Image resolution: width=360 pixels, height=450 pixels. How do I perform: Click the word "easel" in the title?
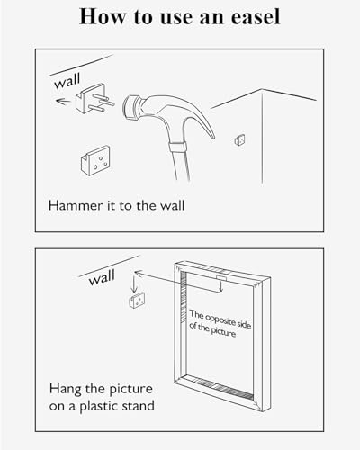(x=256, y=17)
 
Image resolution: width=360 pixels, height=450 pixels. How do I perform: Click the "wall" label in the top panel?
(x=67, y=81)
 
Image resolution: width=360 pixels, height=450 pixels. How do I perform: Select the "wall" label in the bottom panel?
(x=102, y=277)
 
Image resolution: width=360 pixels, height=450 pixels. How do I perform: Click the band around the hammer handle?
(x=176, y=148)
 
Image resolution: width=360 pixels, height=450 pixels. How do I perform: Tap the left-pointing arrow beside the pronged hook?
(x=63, y=102)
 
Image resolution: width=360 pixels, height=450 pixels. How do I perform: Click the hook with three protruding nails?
(x=94, y=99)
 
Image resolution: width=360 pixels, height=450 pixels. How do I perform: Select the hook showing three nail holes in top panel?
(x=95, y=160)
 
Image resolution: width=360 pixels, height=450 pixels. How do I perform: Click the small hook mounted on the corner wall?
(x=239, y=139)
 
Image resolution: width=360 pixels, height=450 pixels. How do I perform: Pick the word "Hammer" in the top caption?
(x=76, y=206)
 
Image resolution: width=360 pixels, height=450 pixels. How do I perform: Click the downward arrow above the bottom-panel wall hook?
(x=134, y=284)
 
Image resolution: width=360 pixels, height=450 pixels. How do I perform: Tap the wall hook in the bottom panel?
(x=137, y=301)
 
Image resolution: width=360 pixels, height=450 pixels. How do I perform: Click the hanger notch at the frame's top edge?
(x=221, y=278)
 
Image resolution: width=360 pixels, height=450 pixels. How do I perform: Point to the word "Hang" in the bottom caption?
(x=65, y=389)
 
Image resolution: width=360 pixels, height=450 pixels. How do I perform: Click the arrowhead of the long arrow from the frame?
(x=138, y=273)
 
